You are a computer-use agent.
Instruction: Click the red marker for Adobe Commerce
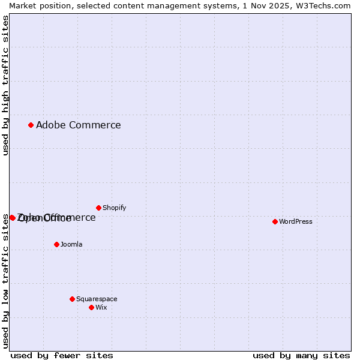(x=31, y=125)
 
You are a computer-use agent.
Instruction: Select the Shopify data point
(x=98, y=208)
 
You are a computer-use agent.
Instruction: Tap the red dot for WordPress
(x=275, y=221)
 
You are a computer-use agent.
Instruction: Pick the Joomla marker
(x=56, y=244)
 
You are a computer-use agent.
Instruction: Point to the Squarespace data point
(x=72, y=299)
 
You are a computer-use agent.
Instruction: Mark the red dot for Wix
(x=91, y=307)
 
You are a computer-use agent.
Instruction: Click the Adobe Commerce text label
(x=78, y=125)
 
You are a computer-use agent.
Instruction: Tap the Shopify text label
(x=114, y=208)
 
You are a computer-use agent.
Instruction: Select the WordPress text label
(x=295, y=221)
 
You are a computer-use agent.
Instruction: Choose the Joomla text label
(x=71, y=244)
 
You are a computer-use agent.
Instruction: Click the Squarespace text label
(x=97, y=299)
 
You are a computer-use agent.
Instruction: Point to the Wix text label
(x=101, y=307)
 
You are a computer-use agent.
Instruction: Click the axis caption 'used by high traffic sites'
(x=5, y=85)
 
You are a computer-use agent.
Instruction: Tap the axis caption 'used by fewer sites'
(x=62, y=355)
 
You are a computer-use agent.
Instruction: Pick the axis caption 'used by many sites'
(x=301, y=355)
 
